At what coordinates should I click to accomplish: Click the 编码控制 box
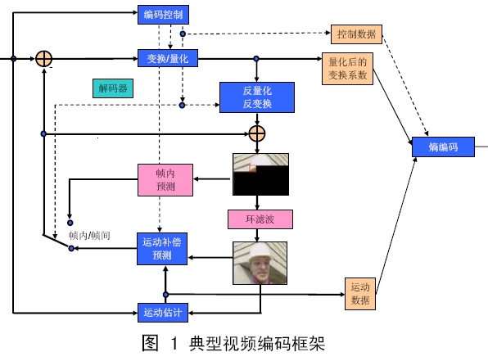pyautogui.click(x=164, y=14)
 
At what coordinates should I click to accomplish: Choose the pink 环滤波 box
pyautogui.click(x=260, y=219)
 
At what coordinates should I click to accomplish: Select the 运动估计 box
pyautogui.click(x=162, y=311)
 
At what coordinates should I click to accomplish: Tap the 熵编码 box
pyautogui.click(x=442, y=147)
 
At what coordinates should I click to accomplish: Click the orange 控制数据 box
pyautogui.click(x=356, y=34)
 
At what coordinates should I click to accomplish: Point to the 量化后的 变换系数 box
pyautogui.click(x=350, y=69)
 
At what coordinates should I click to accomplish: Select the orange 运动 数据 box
pyautogui.click(x=360, y=293)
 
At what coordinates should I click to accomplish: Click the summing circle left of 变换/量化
pyautogui.click(x=44, y=59)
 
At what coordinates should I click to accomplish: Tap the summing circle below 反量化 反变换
pyautogui.click(x=258, y=133)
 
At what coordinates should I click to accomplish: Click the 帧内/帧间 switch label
pyautogui.click(x=90, y=236)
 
